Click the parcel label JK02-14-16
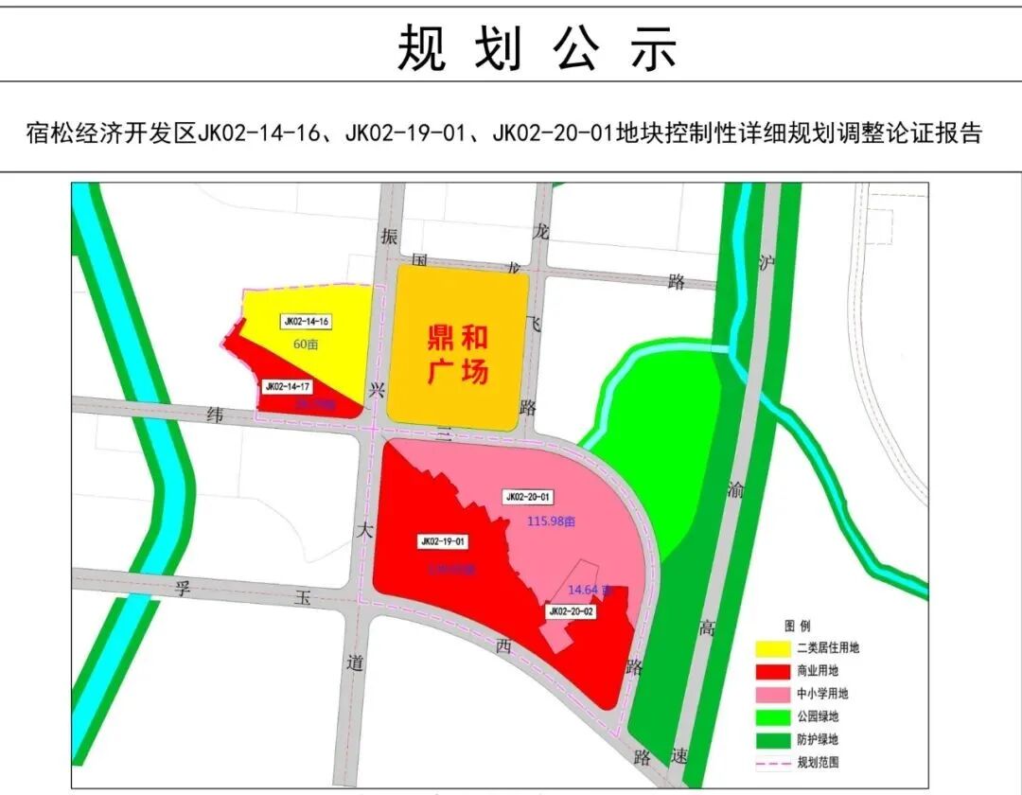pos(306,322)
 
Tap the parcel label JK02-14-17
pos(289,386)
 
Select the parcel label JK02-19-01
pos(443,542)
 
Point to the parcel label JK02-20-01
pos(529,496)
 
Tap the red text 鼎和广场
pos(458,355)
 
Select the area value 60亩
pos(306,344)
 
